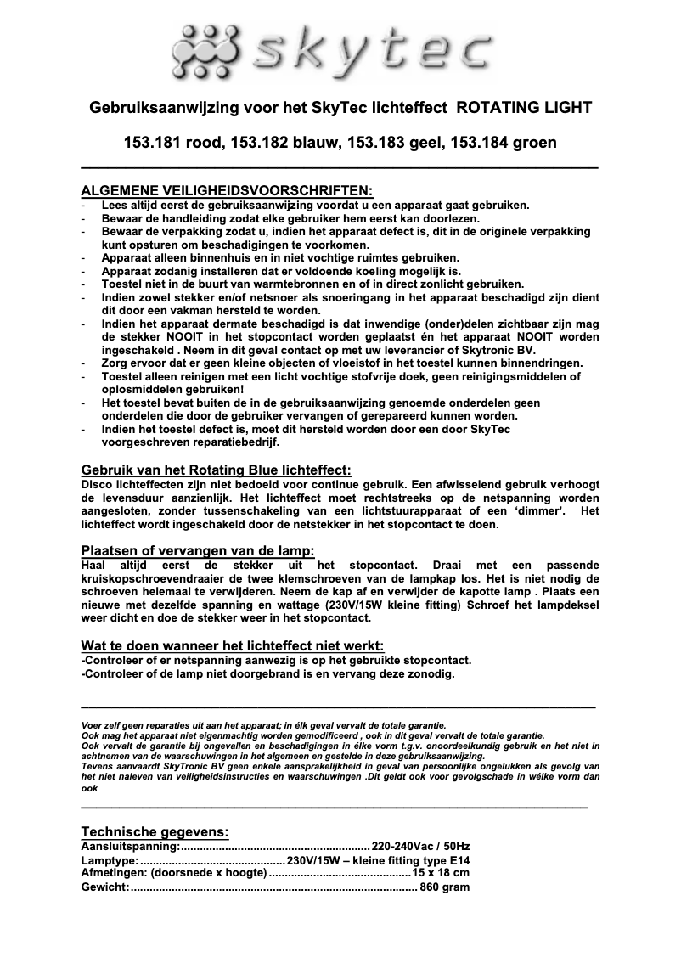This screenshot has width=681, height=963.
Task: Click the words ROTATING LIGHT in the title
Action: click(x=524, y=108)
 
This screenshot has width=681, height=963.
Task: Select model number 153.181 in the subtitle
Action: click(x=155, y=142)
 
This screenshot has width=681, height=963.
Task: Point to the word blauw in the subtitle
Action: click(x=315, y=142)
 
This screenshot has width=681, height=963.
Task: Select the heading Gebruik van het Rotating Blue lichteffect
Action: click(x=216, y=470)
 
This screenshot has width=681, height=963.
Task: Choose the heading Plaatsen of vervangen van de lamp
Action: click(x=198, y=550)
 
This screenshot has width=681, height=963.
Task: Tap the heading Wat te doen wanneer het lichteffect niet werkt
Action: click(x=233, y=645)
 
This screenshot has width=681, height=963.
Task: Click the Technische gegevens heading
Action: click(x=155, y=831)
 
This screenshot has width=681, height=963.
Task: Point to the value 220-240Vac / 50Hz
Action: click(x=420, y=847)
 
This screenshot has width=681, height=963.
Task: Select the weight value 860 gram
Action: click(x=444, y=887)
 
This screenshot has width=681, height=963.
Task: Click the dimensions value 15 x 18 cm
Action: click(x=440, y=874)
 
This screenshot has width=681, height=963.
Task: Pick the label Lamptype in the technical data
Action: click(x=110, y=860)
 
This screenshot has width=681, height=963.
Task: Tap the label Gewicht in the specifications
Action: click(x=104, y=887)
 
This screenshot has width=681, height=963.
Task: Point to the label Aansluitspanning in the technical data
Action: click(x=130, y=847)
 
